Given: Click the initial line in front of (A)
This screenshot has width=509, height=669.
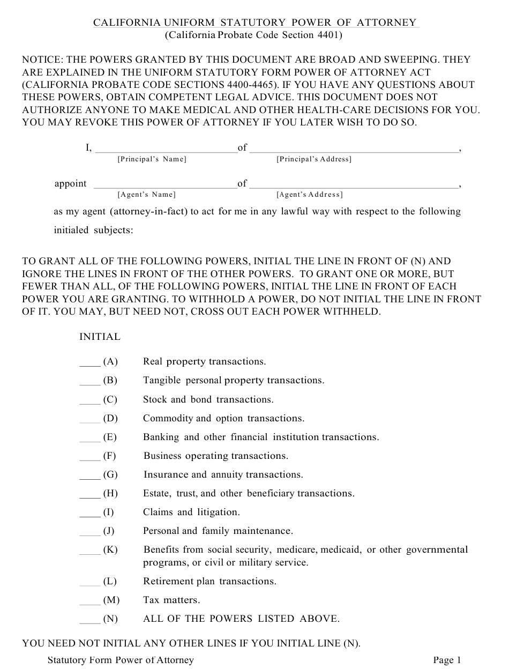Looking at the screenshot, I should [x=89, y=363].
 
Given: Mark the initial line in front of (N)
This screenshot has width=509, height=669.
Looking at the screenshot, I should [x=89, y=621].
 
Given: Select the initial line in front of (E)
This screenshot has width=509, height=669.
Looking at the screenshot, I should [x=89, y=439].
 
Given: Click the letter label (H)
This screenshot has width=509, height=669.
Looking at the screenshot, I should [x=110, y=493].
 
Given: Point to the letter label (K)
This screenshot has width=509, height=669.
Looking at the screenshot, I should [x=110, y=550].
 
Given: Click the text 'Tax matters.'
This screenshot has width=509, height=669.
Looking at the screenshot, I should [x=171, y=600].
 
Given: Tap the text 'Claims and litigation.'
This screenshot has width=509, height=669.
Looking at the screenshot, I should [x=191, y=512].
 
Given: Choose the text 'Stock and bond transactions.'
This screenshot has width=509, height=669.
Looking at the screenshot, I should [x=208, y=400].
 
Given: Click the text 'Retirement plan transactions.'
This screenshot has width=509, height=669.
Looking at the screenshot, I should [x=209, y=582].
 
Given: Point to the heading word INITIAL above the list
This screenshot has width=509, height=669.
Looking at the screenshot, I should [x=100, y=337].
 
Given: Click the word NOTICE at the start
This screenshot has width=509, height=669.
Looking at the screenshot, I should [x=40, y=60].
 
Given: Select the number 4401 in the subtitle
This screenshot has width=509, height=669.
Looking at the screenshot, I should [x=326, y=35].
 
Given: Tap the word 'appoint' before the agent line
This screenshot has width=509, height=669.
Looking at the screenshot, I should [x=70, y=184].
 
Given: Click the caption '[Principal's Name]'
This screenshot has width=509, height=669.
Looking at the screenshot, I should [x=152, y=159].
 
